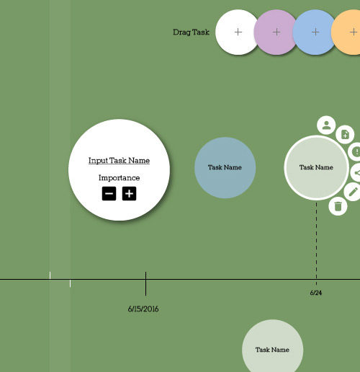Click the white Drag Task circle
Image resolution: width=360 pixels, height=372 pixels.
click(237, 32)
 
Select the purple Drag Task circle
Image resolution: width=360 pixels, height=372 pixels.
click(276, 32)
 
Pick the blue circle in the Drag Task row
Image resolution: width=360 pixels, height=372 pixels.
click(315, 32)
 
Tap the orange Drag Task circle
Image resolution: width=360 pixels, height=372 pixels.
click(348, 32)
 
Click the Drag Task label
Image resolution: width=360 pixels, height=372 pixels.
click(191, 32)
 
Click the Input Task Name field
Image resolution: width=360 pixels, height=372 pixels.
click(119, 161)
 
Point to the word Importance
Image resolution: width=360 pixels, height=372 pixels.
click(119, 178)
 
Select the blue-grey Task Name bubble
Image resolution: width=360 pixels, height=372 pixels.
click(225, 168)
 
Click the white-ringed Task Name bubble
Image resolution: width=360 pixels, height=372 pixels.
click(316, 168)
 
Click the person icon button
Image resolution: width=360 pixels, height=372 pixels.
click(326, 125)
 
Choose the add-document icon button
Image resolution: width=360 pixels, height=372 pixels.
click(345, 135)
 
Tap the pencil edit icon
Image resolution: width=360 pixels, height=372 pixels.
click(352, 192)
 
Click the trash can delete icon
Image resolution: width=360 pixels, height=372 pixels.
click(338, 206)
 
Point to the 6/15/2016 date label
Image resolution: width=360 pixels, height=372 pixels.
click(143, 309)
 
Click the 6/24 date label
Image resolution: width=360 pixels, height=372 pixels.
click(316, 293)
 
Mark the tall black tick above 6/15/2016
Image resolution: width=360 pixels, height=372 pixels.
click(145, 284)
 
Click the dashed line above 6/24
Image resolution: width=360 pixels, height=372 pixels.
click(316, 244)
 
